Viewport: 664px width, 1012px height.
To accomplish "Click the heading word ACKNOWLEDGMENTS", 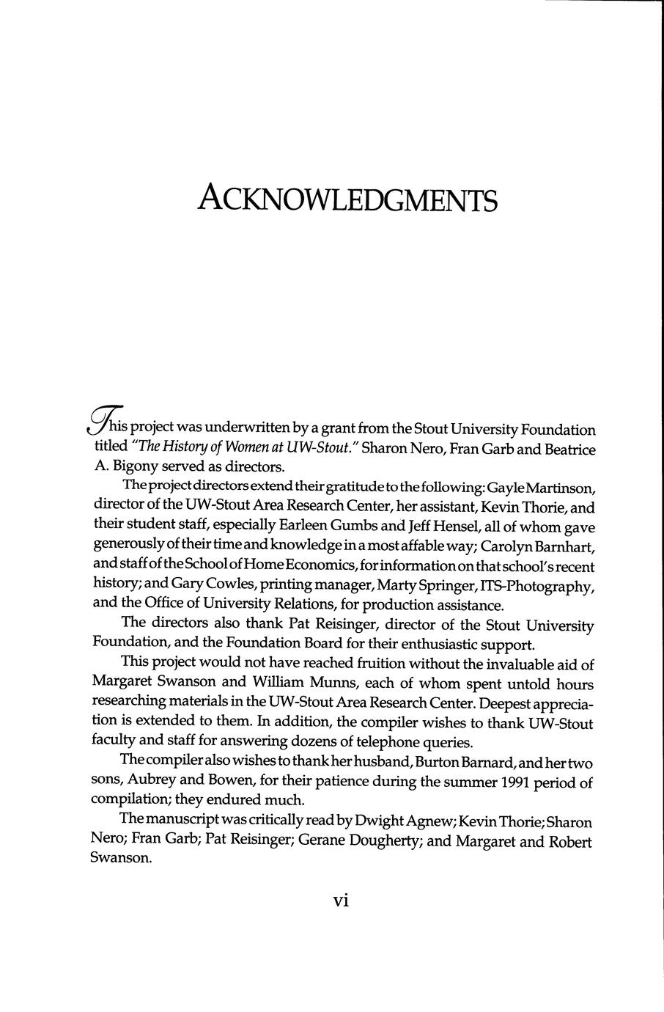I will pos(347,198).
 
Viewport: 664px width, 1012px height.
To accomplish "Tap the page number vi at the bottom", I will pos(340,901).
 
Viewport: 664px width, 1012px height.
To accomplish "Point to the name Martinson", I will pos(560,487).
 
